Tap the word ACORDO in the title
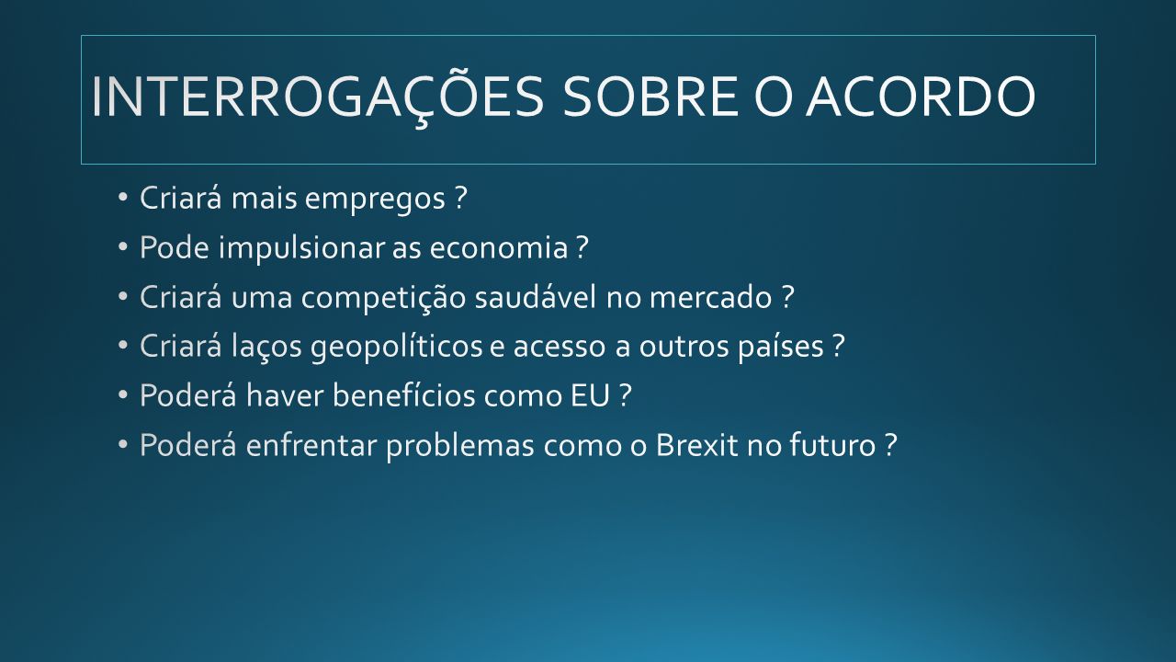[921, 97]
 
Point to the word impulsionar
[302, 248]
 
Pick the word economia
[499, 248]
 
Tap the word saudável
[536, 297]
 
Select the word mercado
[711, 297]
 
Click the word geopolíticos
[396, 348]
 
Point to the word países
[781, 348]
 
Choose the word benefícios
[403, 395]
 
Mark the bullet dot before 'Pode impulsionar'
[123, 246]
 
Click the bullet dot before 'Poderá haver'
[123, 394]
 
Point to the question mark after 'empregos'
[460, 198]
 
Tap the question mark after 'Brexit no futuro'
[890, 444]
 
